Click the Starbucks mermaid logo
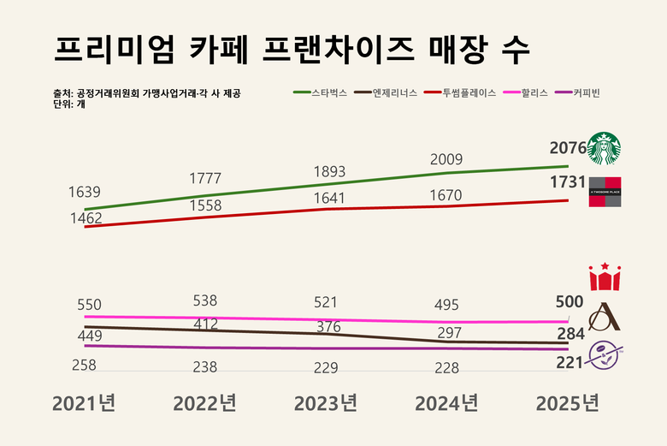click(605, 148)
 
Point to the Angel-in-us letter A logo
click(605, 317)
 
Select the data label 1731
click(568, 182)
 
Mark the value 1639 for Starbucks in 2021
click(85, 192)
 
